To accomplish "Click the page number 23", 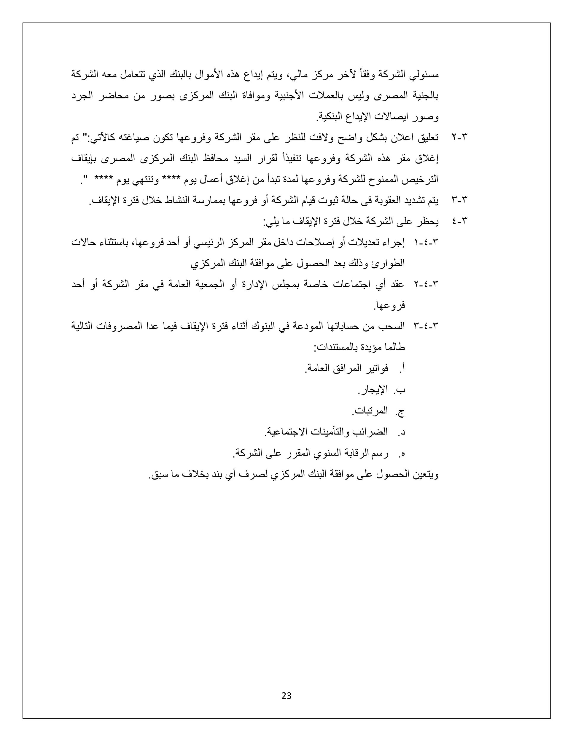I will (286, 696).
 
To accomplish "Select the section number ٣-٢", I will (460, 138).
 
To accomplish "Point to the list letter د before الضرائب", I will (402, 432).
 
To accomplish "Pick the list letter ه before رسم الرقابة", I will (402, 453).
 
